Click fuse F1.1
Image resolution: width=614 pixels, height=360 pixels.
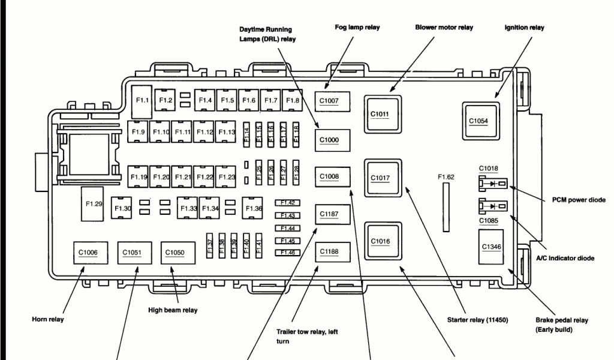(142, 101)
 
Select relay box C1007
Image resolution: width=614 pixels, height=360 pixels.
(329, 101)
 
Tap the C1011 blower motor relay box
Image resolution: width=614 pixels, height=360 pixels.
(380, 113)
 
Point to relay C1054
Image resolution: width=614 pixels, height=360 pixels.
(478, 121)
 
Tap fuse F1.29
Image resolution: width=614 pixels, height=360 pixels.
(94, 205)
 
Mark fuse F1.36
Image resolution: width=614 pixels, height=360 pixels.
(254, 208)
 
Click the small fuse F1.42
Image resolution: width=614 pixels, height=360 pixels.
(288, 203)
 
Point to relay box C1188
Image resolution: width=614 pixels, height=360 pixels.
(329, 253)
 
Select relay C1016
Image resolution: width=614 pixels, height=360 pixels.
(380, 242)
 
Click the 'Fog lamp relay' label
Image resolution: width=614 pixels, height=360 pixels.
(357, 27)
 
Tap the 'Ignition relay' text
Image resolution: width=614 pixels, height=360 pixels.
(525, 27)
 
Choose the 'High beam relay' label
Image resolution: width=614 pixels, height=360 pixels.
(173, 310)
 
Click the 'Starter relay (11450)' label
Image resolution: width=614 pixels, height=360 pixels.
(477, 320)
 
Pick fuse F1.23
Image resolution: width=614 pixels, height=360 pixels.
(227, 177)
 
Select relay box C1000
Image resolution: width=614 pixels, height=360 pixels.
(329, 140)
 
